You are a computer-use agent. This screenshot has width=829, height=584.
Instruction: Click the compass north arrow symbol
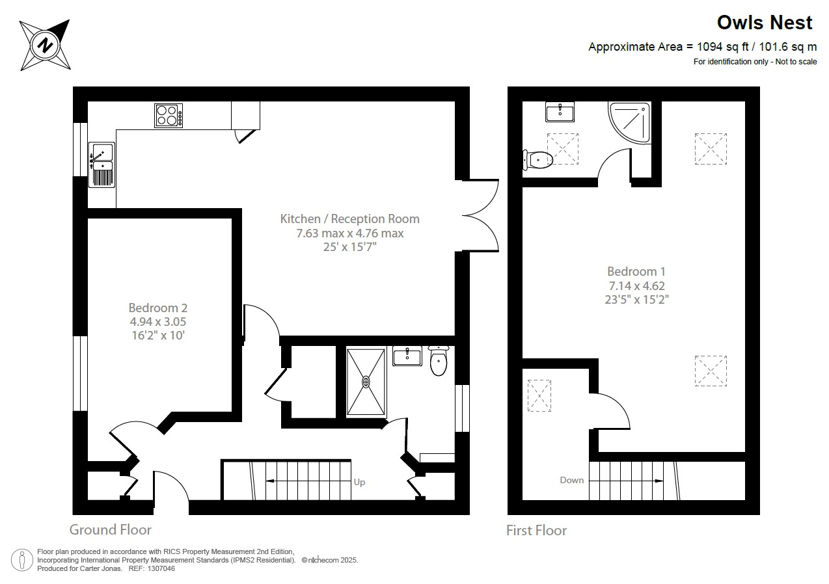click(x=44, y=45)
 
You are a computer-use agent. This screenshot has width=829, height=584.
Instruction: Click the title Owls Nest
click(x=765, y=23)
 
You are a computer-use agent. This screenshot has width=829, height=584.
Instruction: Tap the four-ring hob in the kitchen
click(x=169, y=116)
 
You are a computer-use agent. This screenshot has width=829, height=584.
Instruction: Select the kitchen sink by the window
click(x=101, y=165)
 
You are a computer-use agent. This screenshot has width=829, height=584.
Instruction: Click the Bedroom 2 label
click(x=158, y=321)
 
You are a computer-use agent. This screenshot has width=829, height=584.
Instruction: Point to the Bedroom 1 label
click(x=636, y=285)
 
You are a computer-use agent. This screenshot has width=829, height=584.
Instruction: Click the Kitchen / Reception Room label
click(x=350, y=232)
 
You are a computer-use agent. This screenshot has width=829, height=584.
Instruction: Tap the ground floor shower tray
click(x=366, y=382)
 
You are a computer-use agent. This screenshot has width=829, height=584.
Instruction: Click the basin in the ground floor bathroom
click(x=407, y=356)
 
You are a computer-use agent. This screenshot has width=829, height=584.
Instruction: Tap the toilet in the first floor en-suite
click(x=537, y=159)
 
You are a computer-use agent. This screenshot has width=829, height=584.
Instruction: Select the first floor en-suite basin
click(x=559, y=111)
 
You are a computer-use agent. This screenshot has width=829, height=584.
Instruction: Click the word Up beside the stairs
click(x=359, y=482)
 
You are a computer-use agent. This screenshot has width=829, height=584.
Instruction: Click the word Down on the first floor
click(x=572, y=480)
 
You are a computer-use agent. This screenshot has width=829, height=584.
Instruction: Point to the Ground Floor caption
click(x=111, y=529)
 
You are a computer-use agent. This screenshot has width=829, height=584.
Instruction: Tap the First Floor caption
click(x=537, y=531)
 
